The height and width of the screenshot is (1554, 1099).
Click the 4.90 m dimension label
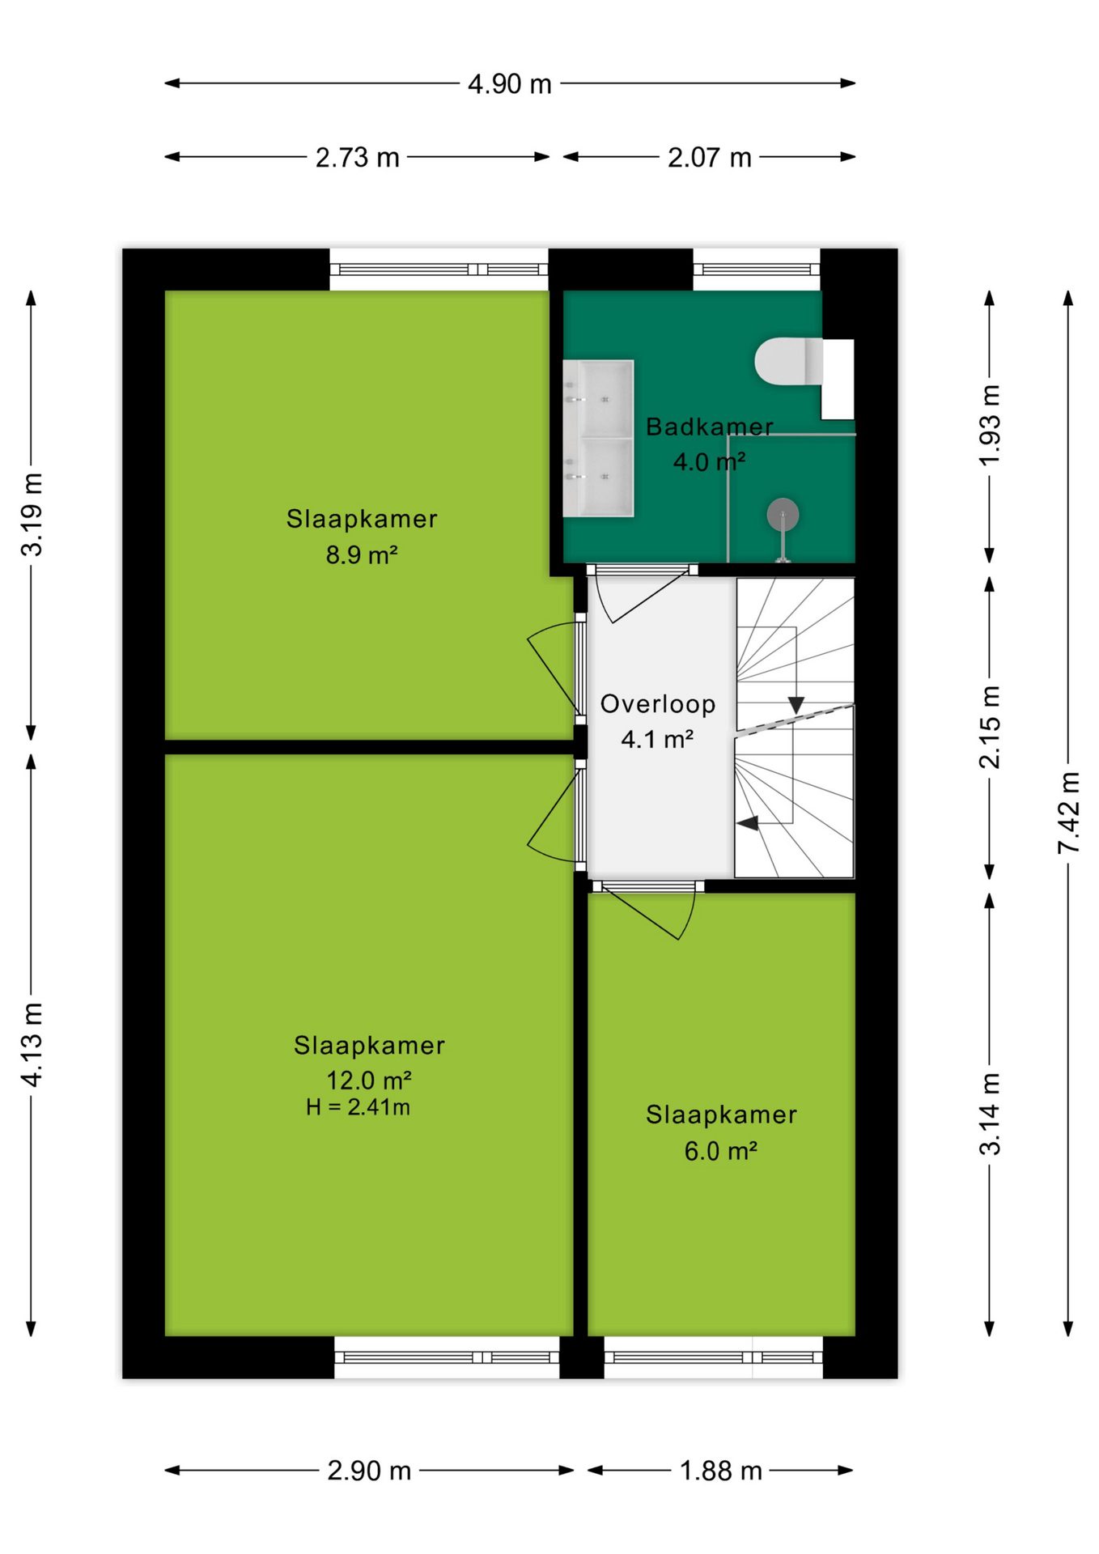coord(510,83)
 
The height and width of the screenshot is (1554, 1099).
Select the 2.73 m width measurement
coord(358,157)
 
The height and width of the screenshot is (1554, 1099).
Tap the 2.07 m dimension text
coord(710,157)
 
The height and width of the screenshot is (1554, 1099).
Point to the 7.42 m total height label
coord(1069,812)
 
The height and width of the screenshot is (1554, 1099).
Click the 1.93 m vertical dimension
coord(990,425)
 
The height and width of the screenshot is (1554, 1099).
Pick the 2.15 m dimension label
coord(990,727)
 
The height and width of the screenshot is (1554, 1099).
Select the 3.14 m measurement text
coord(990,1114)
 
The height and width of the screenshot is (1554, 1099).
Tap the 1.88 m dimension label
coord(721,1471)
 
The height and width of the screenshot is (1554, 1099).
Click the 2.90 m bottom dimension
coord(369,1471)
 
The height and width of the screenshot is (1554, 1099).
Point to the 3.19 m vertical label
coord(32,515)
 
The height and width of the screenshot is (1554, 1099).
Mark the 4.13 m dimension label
coord(32,1045)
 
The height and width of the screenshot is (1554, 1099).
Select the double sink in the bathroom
coord(598,438)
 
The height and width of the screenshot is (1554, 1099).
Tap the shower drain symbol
coord(783,514)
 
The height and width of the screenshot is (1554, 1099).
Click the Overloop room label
coord(658,704)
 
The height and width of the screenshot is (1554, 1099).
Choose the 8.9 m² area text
coord(362,555)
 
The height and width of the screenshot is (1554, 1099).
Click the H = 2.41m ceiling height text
coord(358,1107)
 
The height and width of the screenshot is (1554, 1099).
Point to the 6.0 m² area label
coord(721,1151)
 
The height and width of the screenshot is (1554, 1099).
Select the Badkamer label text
coord(710,427)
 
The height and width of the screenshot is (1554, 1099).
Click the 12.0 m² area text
coord(369,1081)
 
